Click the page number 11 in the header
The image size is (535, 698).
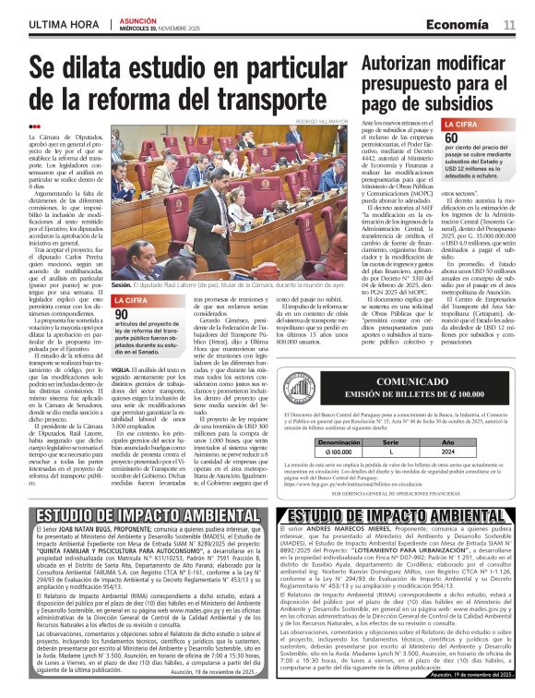tap(508, 23)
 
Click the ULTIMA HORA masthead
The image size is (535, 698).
tap(64, 23)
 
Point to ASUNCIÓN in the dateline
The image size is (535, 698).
tap(138, 19)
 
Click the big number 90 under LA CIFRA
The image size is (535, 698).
tap(122, 315)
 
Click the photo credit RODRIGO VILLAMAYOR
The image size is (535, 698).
tap(317, 121)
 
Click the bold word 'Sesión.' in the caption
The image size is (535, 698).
tap(122, 285)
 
